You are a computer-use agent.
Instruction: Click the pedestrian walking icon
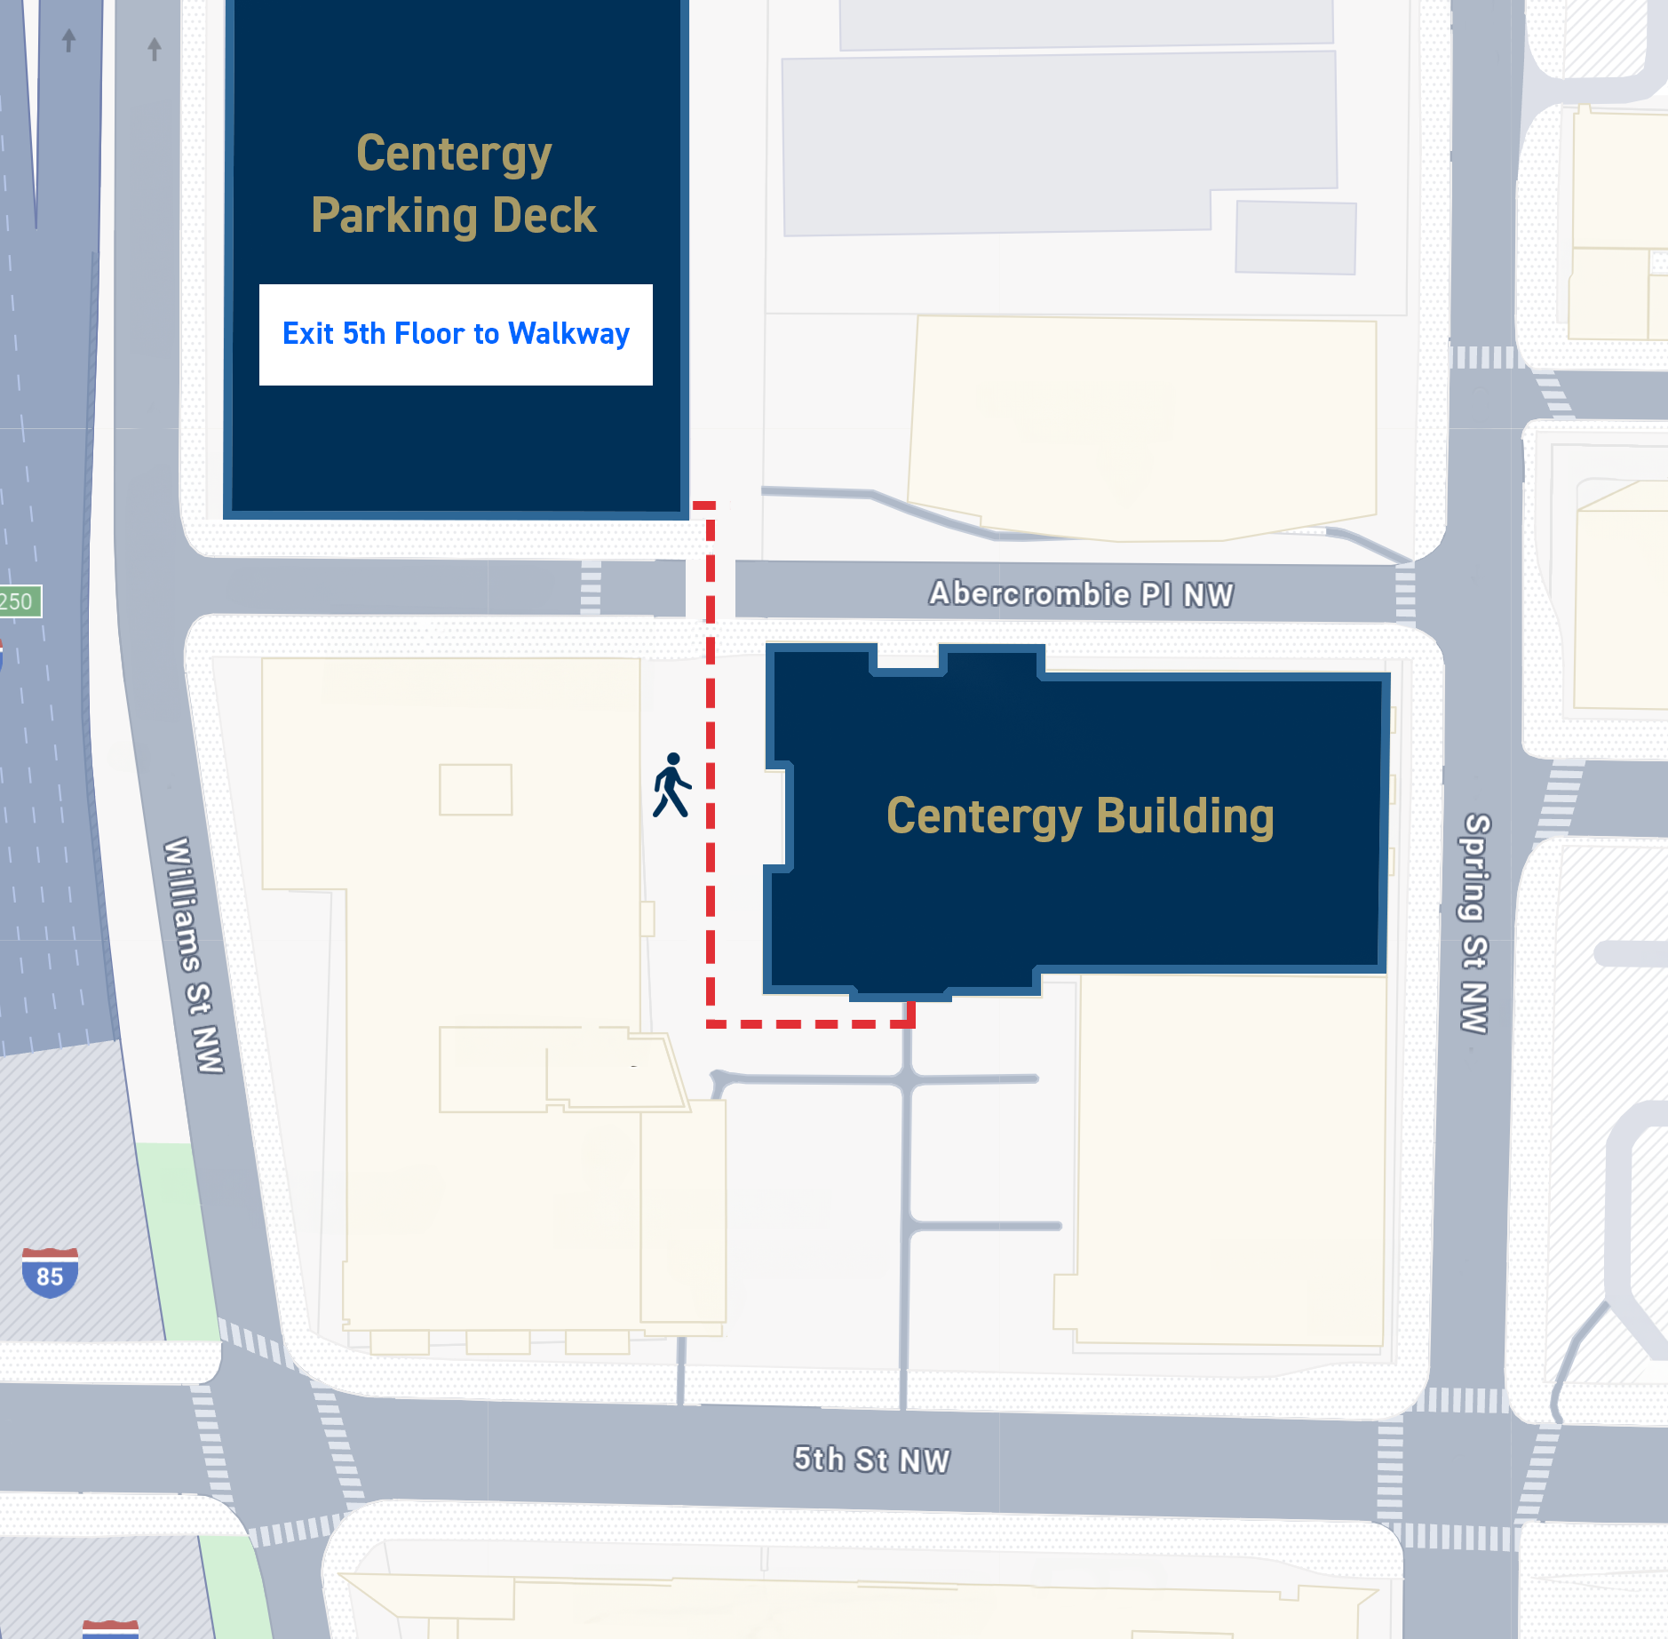coord(671,785)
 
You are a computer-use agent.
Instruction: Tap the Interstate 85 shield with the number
coord(50,1272)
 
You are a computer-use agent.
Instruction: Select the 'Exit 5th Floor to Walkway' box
coord(456,335)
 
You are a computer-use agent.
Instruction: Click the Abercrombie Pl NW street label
coord(1081,593)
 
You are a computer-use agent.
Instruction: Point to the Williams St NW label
coord(193,955)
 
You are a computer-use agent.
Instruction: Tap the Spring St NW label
coord(1475,923)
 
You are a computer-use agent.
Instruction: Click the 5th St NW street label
coord(871,1460)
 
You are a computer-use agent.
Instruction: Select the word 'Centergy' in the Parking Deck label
coord(454,154)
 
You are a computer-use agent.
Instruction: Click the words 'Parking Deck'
coord(454,216)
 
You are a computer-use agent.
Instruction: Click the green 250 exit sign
coord(18,601)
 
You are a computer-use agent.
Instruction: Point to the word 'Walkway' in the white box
coord(568,334)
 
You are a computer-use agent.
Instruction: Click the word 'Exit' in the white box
coord(308,334)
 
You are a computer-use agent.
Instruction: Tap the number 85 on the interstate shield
coord(50,1277)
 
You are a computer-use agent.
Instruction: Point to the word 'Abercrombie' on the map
coord(1029,593)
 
